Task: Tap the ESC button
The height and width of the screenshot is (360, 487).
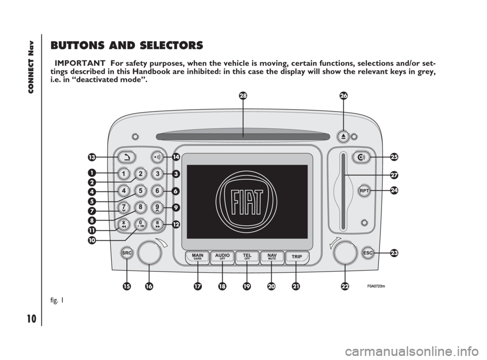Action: (x=368, y=252)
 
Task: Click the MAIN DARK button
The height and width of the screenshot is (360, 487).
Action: (x=198, y=257)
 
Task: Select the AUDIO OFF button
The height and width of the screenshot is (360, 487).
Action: (x=222, y=257)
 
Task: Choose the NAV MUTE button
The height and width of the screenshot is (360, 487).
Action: (x=272, y=257)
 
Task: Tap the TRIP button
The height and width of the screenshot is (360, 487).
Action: (x=297, y=257)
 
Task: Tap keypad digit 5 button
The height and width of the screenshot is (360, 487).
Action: (x=141, y=190)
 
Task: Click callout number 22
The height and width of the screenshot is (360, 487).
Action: (x=345, y=287)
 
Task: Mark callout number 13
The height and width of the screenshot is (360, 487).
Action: (x=91, y=157)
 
